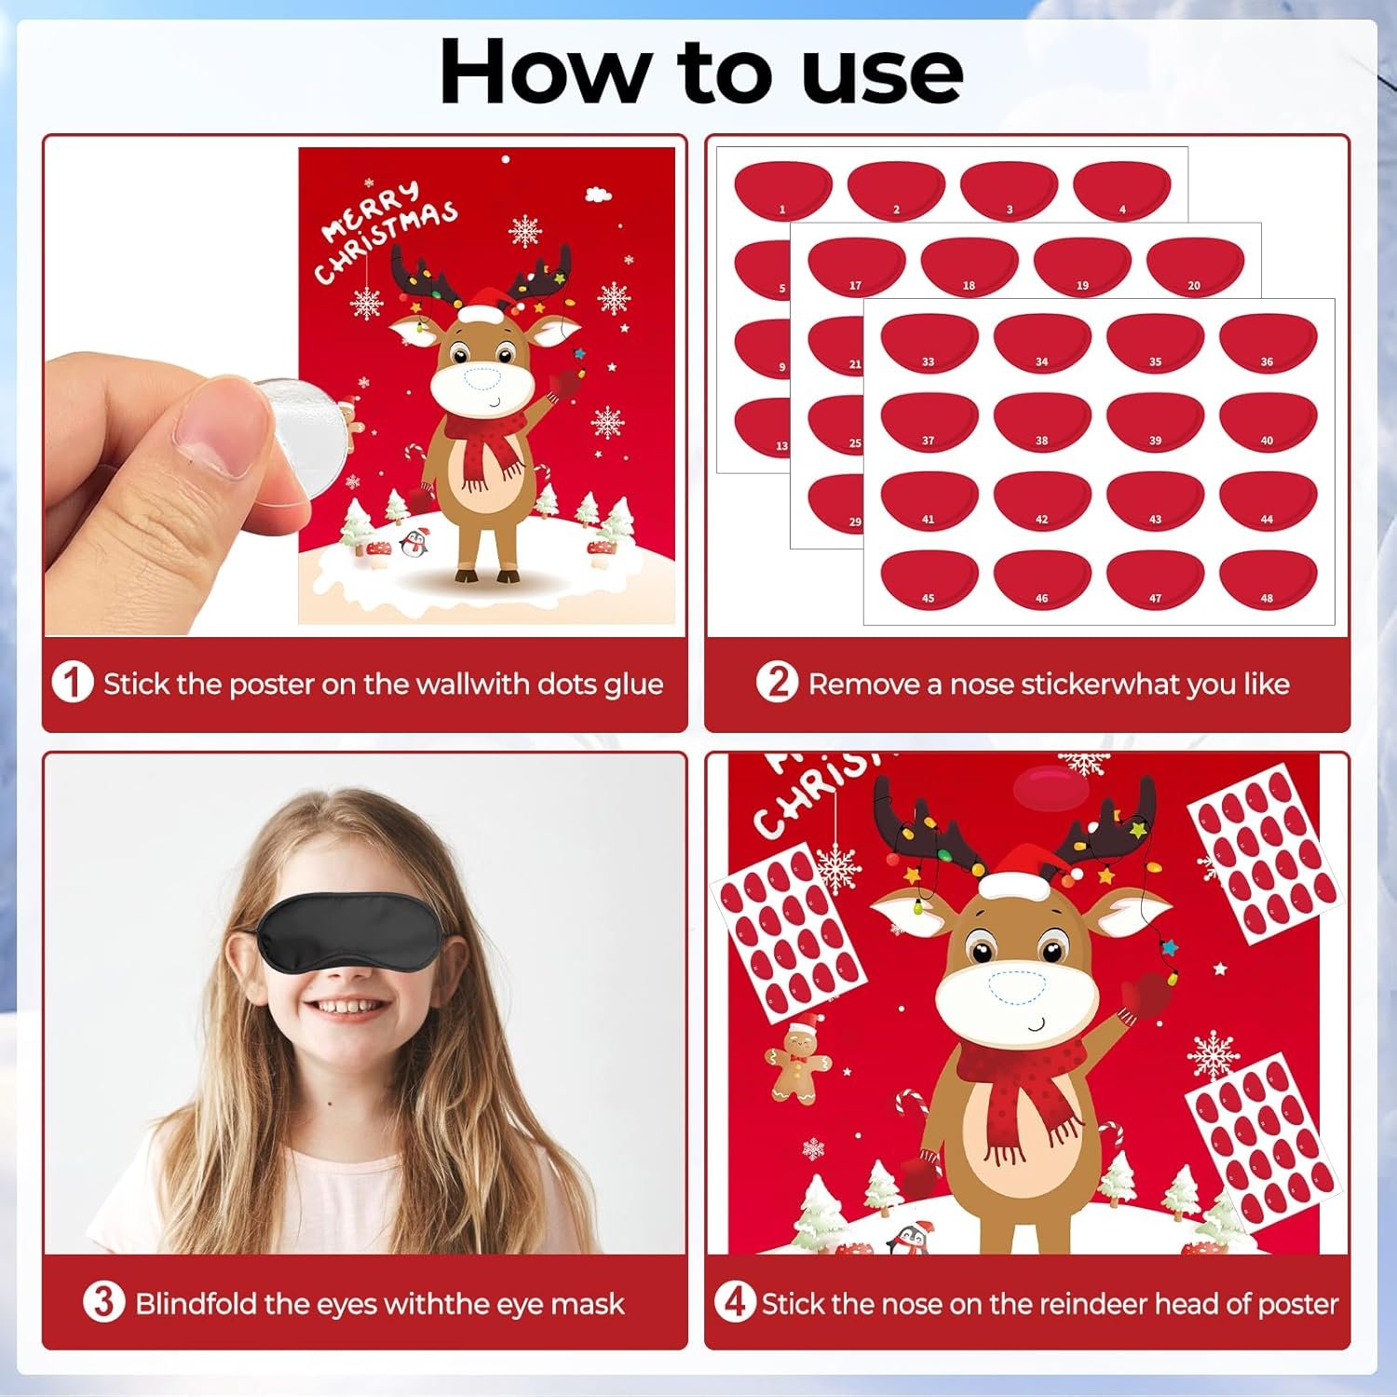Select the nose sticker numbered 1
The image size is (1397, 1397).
(x=782, y=190)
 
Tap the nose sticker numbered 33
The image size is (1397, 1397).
(x=929, y=343)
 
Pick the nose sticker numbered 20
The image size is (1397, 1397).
(x=1195, y=266)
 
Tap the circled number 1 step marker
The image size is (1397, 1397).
(x=73, y=683)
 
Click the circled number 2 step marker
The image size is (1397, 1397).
(x=777, y=683)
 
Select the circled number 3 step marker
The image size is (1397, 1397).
(x=103, y=1302)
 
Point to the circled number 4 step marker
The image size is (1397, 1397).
(x=735, y=1302)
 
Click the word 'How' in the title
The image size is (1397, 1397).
(x=546, y=73)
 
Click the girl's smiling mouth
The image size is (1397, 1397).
(x=346, y=1009)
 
